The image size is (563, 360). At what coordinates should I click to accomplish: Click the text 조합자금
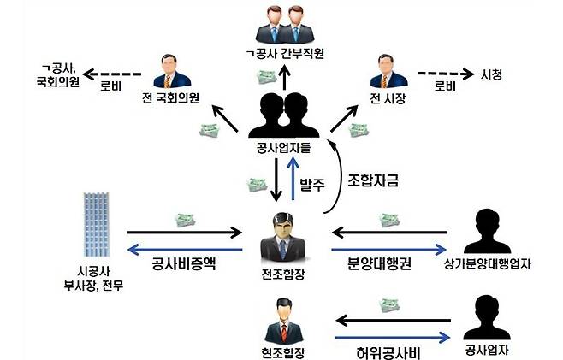[375, 180]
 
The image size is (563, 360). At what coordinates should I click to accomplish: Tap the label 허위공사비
[386, 351]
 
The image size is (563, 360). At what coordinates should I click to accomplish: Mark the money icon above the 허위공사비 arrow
[391, 304]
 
